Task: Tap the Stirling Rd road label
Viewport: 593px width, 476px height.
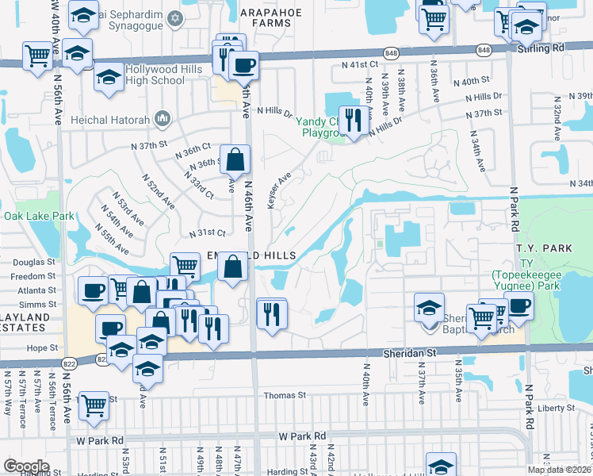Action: [x=564, y=48]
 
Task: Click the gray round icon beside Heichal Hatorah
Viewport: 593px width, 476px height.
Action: [x=163, y=119]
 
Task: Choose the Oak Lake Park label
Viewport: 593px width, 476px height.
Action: [x=39, y=216]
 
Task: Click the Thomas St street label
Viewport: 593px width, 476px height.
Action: [x=285, y=395]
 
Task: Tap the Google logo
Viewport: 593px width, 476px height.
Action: [x=26, y=466]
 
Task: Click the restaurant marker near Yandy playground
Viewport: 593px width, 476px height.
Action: [x=350, y=121]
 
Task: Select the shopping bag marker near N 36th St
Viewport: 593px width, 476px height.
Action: [x=235, y=161]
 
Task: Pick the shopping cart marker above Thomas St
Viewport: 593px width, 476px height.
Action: [x=94, y=406]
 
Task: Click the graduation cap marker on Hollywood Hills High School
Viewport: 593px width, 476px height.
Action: [x=109, y=78]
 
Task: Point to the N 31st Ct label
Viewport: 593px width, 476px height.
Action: [x=208, y=232]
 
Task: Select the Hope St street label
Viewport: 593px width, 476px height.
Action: [x=44, y=347]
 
